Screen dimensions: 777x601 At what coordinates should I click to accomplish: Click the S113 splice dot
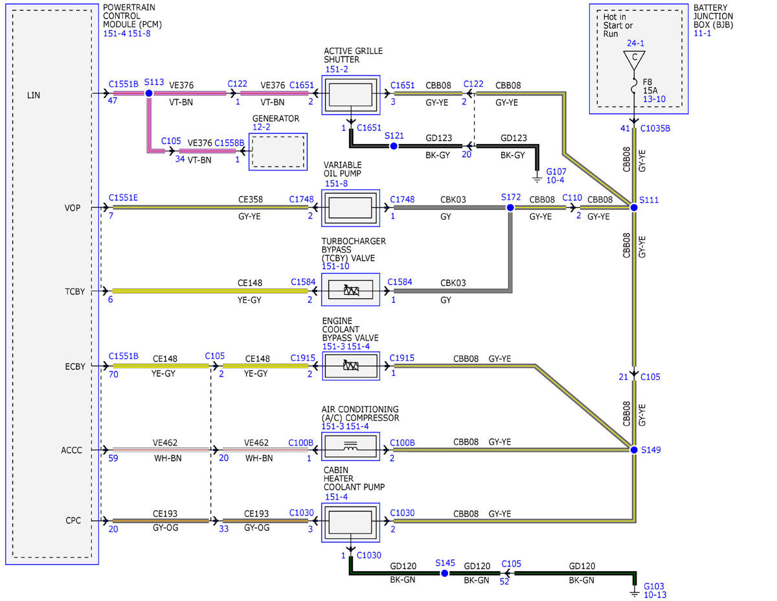pos(149,93)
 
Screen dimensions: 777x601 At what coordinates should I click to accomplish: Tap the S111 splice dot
pos(633,207)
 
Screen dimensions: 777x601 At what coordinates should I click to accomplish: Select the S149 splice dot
pos(633,449)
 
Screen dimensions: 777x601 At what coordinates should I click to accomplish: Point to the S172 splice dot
pos(510,207)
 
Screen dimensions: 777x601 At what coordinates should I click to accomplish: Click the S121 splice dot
pos(394,146)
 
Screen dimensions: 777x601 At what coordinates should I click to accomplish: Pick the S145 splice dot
pos(444,573)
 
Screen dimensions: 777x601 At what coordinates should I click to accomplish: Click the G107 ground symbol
pos(537,179)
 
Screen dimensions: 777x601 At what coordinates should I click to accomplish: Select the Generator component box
pos(278,152)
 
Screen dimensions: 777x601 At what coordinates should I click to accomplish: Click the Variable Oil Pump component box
pos(350,208)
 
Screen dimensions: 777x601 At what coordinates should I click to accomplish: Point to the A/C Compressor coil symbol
pos(350,446)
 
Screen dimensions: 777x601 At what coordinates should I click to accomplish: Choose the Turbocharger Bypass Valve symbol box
pos(350,290)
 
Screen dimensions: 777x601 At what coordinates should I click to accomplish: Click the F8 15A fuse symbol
pos(634,86)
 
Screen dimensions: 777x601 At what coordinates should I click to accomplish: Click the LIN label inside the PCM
pos(34,95)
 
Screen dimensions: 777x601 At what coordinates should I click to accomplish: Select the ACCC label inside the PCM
pos(71,450)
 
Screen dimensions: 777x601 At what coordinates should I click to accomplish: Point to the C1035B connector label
pos(655,128)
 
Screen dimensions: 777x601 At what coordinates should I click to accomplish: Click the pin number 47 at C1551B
pos(112,100)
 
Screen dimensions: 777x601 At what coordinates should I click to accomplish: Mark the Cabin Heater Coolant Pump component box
pos(350,523)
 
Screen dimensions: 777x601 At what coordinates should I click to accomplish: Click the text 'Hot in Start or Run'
pos(618,25)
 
